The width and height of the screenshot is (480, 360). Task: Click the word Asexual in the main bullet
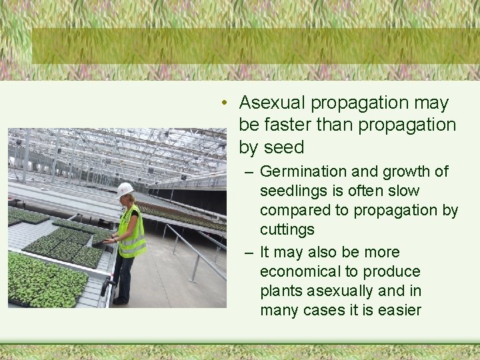click(272, 103)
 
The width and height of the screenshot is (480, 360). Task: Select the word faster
click(288, 125)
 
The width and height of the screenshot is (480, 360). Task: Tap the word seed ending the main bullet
click(284, 147)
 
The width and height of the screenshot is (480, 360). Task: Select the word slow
click(405, 191)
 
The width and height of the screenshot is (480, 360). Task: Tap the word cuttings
click(287, 230)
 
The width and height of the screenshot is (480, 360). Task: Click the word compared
click(291, 211)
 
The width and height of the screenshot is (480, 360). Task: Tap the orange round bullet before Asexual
click(227, 103)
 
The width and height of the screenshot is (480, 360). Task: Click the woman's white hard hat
click(125, 189)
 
